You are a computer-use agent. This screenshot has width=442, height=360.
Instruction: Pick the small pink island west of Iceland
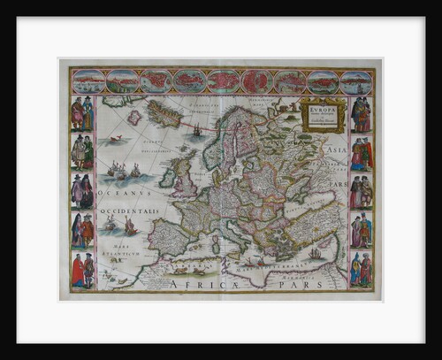coord(134,117)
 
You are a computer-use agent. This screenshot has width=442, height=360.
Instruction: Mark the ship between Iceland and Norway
coord(196,130)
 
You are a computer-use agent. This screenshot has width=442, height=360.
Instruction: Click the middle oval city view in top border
coord(223,82)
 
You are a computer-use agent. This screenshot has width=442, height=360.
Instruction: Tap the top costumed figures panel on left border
coord(82,115)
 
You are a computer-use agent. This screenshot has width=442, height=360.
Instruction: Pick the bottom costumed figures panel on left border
coord(82,269)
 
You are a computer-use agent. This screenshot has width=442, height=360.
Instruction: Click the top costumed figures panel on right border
coord(361,115)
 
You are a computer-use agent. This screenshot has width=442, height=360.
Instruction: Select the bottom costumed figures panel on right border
coord(361,269)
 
